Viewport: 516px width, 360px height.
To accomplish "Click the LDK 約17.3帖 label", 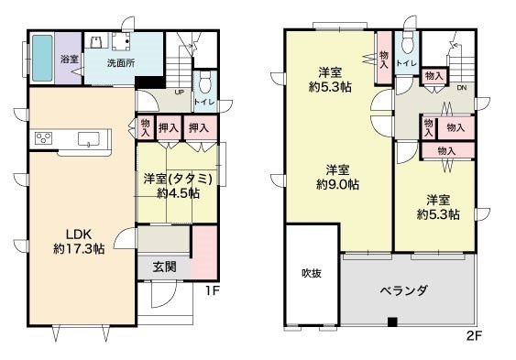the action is pyautogui.click(x=79, y=242).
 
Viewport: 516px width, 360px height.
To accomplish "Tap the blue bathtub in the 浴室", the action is pyautogui.click(x=42, y=59).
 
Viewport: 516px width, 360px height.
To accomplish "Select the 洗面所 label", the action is pyautogui.click(x=121, y=63).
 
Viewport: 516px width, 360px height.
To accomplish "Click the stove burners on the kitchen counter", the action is pyautogui.click(x=43, y=137).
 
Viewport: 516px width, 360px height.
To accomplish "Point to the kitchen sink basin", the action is pyautogui.click(x=89, y=138).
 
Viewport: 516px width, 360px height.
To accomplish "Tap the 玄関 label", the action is pyautogui.click(x=164, y=267).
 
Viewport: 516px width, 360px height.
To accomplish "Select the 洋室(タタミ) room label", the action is pyautogui.click(x=178, y=180).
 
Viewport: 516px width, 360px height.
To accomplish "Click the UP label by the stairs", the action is pyautogui.click(x=179, y=92).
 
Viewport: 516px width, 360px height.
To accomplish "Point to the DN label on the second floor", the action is pyautogui.click(x=462, y=87).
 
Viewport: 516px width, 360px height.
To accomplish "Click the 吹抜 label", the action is pyautogui.click(x=312, y=273).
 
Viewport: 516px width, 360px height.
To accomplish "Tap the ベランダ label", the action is pyautogui.click(x=404, y=290).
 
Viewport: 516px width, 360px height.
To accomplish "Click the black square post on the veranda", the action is pyautogui.click(x=392, y=322).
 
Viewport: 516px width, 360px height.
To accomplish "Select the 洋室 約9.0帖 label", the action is pyautogui.click(x=337, y=177).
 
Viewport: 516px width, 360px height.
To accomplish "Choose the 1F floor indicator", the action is pyautogui.click(x=212, y=290).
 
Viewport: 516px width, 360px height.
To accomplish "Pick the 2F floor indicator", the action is pyautogui.click(x=474, y=335).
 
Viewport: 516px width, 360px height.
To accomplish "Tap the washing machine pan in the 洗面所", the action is pyautogui.click(x=121, y=41).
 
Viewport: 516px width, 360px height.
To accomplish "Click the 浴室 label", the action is pyautogui.click(x=70, y=60).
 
